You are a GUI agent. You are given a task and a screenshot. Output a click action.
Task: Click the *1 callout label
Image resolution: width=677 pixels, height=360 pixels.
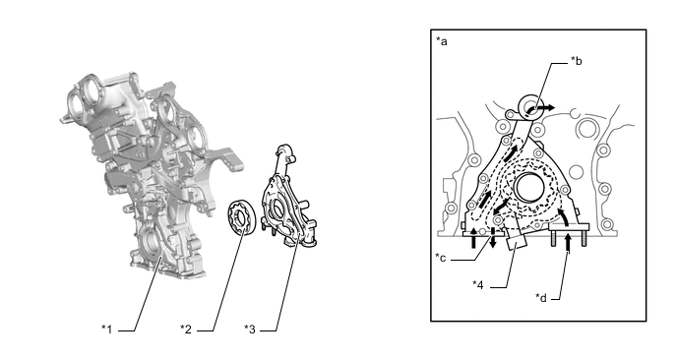point(106,330)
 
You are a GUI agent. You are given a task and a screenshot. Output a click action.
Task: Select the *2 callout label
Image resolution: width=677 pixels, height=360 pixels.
point(186,330)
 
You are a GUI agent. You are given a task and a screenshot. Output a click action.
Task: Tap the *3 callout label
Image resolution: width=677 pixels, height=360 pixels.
point(250,330)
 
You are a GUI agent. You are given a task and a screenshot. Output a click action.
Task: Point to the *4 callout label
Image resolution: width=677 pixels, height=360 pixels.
point(478,284)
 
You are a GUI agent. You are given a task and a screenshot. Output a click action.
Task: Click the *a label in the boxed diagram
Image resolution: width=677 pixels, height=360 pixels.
point(442,41)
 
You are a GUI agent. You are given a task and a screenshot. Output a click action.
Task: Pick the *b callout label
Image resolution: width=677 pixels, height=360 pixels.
point(577,61)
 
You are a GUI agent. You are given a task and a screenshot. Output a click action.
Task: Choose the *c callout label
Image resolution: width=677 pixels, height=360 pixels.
point(441,258)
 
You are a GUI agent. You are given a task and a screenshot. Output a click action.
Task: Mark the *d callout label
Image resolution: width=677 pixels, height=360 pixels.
point(541,297)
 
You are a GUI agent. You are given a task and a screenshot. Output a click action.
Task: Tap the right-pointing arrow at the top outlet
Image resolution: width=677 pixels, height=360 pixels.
point(545,107)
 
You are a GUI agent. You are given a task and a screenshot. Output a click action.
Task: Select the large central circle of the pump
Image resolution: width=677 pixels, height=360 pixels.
point(530,187)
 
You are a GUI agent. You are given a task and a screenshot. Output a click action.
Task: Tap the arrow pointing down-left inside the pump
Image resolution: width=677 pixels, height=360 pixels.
point(500,207)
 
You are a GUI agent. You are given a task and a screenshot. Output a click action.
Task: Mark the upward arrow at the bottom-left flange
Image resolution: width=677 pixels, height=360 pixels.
point(474,238)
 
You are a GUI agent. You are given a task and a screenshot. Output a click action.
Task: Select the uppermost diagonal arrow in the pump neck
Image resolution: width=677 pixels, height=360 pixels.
point(514,151)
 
